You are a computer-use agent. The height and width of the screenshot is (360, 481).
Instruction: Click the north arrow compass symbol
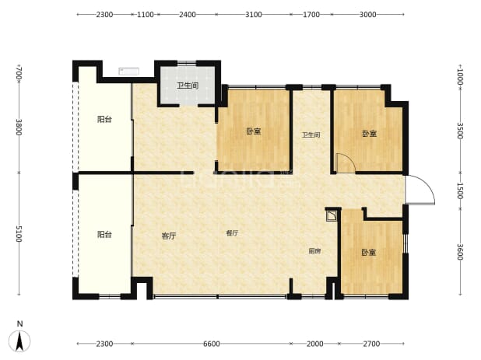tap(19, 341)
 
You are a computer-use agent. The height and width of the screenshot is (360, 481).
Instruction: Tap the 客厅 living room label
tap(169, 236)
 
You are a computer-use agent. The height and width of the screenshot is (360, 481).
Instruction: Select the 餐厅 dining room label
tap(232, 233)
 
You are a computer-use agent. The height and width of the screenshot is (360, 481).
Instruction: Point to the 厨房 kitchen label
tap(314, 251)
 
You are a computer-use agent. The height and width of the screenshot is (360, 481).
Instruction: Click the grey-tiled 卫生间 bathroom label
tap(188, 86)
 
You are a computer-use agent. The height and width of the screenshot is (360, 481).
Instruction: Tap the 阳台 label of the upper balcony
tap(104, 119)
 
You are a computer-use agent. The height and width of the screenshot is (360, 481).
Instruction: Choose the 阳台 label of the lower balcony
tap(104, 235)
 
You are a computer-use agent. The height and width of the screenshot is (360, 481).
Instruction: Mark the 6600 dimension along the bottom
tap(212, 344)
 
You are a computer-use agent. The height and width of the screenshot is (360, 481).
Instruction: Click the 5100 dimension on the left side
tap(19, 234)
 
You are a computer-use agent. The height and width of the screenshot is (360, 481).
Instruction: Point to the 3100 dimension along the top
tap(254, 15)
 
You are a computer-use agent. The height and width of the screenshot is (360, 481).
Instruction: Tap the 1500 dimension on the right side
tap(459, 190)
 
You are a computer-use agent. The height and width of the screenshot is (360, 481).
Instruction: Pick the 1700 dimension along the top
tap(311, 15)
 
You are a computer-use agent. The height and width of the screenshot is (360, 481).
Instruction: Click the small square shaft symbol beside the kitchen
tap(332, 215)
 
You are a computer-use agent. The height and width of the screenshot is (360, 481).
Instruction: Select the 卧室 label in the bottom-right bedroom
tap(368, 253)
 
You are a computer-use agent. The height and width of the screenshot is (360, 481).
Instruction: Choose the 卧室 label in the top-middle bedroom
tap(254, 131)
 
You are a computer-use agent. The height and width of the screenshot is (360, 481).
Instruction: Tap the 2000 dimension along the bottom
tap(314, 344)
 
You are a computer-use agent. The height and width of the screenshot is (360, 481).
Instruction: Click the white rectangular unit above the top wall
tap(129, 72)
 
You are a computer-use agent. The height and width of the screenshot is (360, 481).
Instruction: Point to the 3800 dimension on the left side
tap(19, 128)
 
